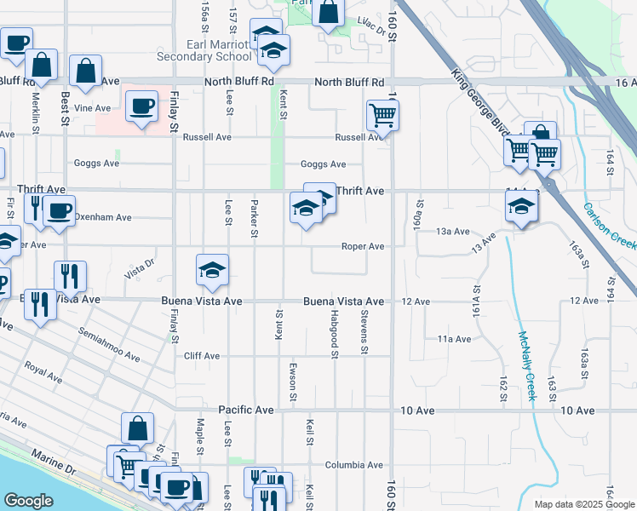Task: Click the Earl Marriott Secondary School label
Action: (204, 50)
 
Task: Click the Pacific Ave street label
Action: (246, 410)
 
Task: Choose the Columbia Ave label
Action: (353, 465)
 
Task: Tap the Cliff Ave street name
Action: (202, 356)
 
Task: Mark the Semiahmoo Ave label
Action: (107, 344)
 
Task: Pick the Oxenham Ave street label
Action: (102, 217)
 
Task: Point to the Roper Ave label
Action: (363, 246)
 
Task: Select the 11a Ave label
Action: (454, 339)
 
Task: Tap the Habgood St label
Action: (335, 337)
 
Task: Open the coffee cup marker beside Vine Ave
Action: (141, 106)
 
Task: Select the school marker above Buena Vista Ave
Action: (212, 271)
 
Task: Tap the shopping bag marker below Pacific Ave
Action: (137, 428)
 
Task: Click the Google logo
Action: (29, 501)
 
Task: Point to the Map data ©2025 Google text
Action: (583, 504)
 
